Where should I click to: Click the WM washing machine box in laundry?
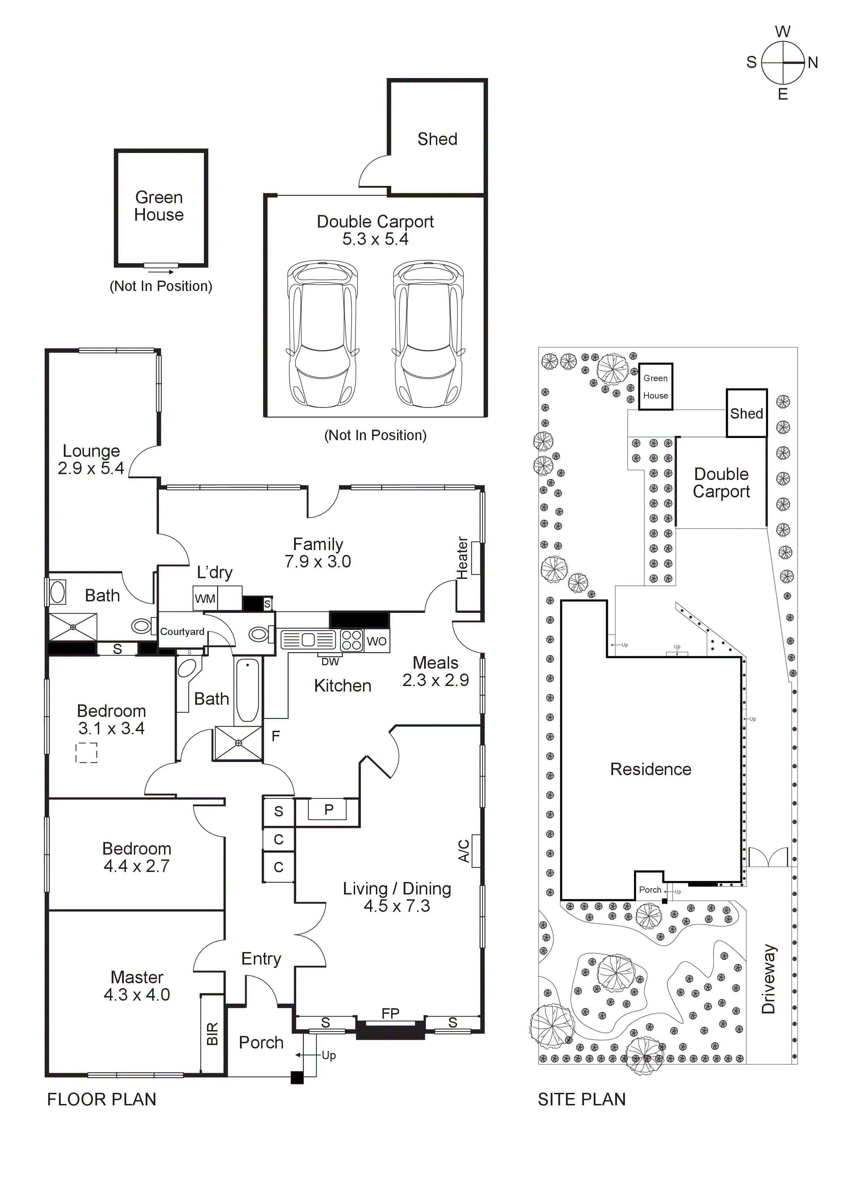click(205, 599)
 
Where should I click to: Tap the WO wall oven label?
click(377, 641)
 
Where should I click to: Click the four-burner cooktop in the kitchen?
click(351, 640)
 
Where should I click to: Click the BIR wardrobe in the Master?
click(212, 1033)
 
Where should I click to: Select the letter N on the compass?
click(813, 63)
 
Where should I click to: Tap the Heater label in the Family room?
click(462, 558)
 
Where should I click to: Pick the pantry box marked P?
click(328, 810)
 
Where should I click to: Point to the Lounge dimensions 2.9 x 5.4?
click(91, 469)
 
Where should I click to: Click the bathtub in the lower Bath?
click(248, 691)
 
